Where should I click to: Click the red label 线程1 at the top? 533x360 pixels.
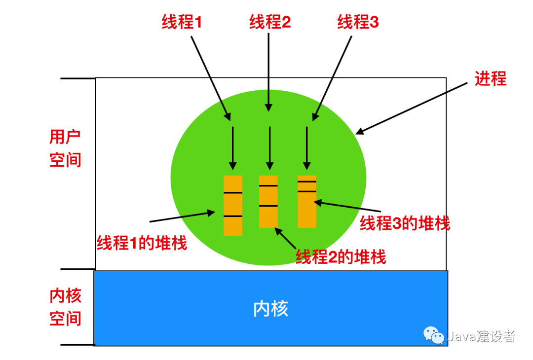point(182,22)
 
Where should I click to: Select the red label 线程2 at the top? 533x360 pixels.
point(270,22)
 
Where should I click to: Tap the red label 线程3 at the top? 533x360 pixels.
point(358,22)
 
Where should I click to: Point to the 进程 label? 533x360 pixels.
point(491,78)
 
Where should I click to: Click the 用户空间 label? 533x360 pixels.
point(65,148)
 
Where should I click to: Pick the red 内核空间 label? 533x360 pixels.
point(65,307)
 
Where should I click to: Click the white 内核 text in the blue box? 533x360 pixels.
point(270,309)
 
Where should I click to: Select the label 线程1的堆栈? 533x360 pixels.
point(142,243)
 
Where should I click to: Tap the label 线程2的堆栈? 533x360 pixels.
point(341,256)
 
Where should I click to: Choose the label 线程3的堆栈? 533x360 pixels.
point(405,223)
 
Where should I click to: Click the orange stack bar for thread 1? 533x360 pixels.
point(233,205)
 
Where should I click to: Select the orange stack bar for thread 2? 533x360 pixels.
point(268,201)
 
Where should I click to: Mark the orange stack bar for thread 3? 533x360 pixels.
point(307,201)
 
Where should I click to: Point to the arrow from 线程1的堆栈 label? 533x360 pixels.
point(183,217)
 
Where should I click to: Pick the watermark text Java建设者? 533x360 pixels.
point(481,336)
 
